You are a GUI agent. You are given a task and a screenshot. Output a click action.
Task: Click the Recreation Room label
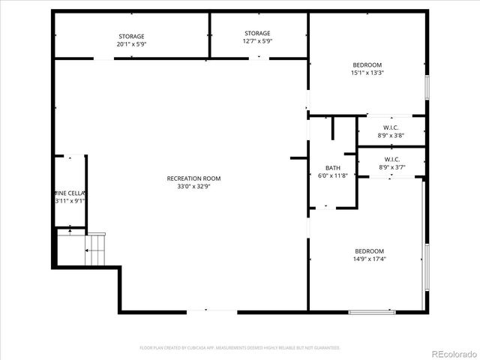[193, 178]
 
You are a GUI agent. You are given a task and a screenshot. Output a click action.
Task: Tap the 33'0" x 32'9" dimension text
[193, 186]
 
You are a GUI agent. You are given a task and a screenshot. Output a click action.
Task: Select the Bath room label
[332, 168]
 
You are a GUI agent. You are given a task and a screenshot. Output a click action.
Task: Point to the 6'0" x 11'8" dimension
[332, 175]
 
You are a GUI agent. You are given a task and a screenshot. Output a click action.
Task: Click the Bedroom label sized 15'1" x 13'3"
[367, 65]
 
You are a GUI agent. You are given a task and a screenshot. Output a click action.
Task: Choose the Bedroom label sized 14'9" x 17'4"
[369, 251]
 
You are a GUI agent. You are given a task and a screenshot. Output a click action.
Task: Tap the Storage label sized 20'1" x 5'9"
[131, 37]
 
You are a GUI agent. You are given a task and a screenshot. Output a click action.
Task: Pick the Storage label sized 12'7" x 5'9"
[257, 34]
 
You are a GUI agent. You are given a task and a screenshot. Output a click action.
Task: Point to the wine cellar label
[70, 193]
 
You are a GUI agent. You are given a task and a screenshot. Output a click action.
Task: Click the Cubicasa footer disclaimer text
[240, 348]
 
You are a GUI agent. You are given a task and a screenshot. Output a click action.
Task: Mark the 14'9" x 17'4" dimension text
[369, 259]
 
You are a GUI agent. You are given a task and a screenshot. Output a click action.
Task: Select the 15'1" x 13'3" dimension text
[367, 73]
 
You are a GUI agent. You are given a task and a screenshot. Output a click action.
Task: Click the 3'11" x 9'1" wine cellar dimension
[70, 201]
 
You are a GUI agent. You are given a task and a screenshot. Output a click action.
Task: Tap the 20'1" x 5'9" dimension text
[131, 45]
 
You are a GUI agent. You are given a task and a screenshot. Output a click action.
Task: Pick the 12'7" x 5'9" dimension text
[257, 42]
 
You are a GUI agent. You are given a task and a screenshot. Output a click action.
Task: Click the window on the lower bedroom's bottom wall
[372, 311]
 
